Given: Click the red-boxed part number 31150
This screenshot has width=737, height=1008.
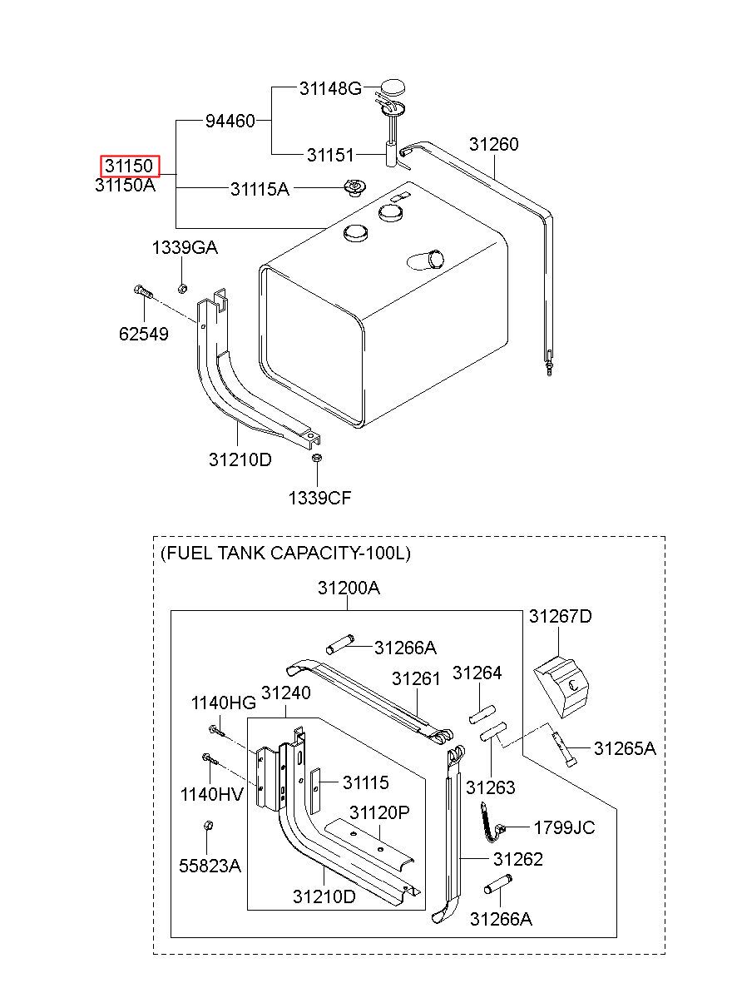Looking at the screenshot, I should coord(127,166).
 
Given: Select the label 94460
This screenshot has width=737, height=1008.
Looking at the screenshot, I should coord(230,122).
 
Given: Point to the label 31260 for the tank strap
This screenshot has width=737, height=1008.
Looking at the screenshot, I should coord(493,144).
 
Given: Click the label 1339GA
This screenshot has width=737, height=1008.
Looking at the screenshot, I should coord(184,247).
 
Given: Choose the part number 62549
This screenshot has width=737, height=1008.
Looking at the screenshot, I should coord(143,335).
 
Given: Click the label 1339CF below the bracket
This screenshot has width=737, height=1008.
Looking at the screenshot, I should coord(319,498).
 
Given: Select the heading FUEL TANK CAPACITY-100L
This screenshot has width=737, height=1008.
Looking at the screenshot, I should coord(285,553).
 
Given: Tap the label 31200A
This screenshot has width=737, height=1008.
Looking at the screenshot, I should coord(349,588).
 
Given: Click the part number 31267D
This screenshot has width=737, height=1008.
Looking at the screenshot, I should coord(561,616).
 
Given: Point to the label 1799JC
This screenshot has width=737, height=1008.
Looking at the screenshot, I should coord(564,827).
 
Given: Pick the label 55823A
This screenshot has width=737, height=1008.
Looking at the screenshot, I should coord(210,866).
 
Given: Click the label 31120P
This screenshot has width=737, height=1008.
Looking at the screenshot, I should coord(378,812).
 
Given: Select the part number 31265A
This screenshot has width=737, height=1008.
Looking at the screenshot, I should coord(624,748).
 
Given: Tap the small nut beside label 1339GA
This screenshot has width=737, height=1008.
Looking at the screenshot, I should coord(182,289).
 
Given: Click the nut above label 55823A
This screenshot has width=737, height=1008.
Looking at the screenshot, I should coord(208,827).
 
